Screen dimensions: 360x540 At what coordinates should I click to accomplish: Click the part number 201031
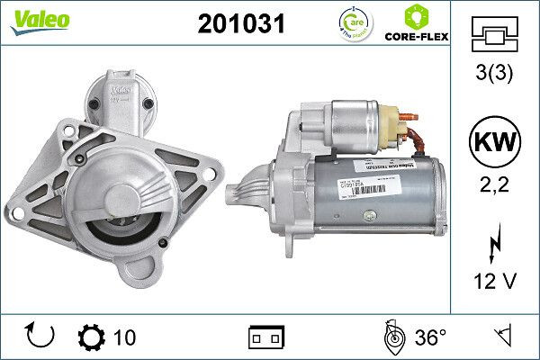[x=240, y=25]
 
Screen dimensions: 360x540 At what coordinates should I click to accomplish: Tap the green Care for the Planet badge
[x=352, y=22]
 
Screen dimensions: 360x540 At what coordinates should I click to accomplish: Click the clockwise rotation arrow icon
[x=40, y=337]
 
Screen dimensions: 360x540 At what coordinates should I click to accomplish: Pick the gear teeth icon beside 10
[x=92, y=337]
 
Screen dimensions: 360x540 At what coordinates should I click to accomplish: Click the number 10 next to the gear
[x=125, y=337]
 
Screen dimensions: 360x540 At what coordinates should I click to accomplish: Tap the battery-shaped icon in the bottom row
[x=265, y=337]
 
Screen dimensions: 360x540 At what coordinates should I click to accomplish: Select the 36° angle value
[x=430, y=337]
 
